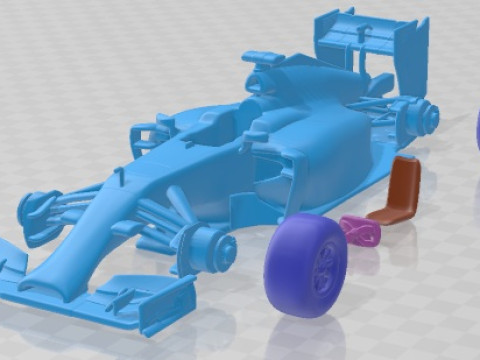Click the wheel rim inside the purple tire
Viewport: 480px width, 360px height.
pos(325,264)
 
